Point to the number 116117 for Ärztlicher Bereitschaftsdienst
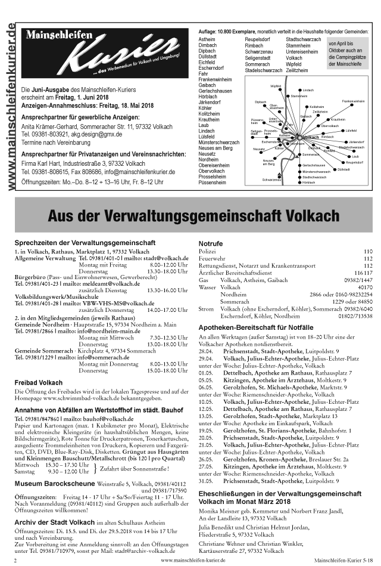pyautogui.click(x=363, y=272)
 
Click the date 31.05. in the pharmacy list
pyautogui.click(x=205, y=481)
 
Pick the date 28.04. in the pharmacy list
pyautogui.click(x=205, y=352)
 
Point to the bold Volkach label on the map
pyautogui.click(x=311, y=137)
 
